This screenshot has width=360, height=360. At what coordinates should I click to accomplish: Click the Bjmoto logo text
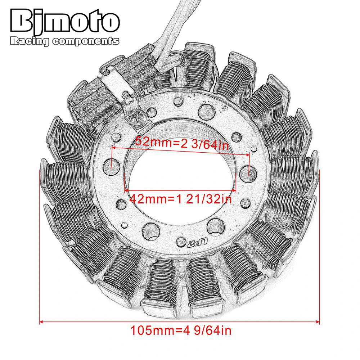65,22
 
